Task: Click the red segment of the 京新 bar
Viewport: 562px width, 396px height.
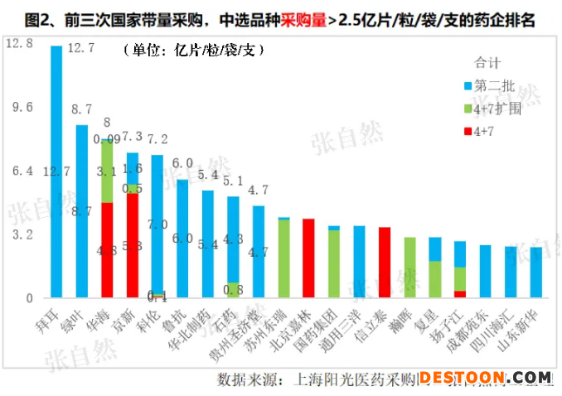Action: pyautogui.click(x=132, y=244)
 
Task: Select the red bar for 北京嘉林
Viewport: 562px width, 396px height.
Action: pyautogui.click(x=308, y=258)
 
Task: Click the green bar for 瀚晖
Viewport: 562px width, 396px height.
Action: pyautogui.click(x=409, y=267)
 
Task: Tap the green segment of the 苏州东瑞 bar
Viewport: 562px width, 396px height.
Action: pyautogui.click(x=283, y=258)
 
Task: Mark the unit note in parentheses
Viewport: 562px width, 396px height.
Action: pyautogui.click(x=194, y=51)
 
